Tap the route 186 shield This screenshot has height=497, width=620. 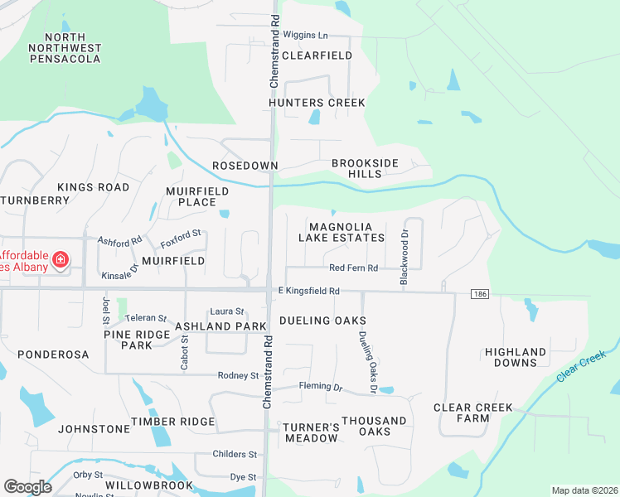coord(478,294)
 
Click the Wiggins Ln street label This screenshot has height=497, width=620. coord(305,36)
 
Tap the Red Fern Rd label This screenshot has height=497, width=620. coord(353,268)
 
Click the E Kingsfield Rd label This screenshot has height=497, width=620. coord(309,291)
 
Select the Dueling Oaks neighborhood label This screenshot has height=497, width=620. coord(322,321)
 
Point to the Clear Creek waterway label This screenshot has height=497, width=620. coord(581,364)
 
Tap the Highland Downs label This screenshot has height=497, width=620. coord(516,357)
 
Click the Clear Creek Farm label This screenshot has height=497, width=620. coord(472,413)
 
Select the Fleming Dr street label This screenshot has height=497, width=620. coord(320,387)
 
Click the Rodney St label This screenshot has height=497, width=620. coord(239,375)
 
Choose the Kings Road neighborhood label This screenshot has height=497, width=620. coord(93,187)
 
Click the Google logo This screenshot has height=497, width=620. coord(27,487)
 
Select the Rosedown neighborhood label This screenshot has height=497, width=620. coord(245,166)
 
